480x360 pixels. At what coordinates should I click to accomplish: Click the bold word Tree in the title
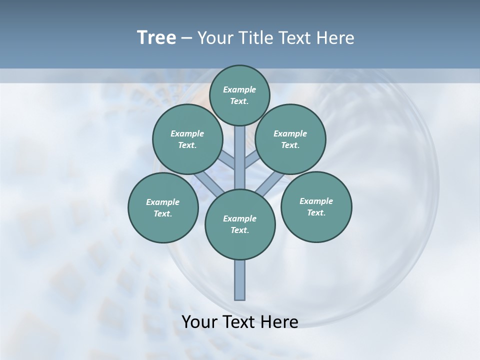pos(156,38)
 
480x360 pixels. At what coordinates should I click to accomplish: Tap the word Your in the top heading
pos(215,38)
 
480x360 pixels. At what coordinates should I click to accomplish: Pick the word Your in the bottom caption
pos(199,322)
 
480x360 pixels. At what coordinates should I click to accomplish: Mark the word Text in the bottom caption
pos(239,322)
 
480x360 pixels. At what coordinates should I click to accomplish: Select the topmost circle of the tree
pos(239,95)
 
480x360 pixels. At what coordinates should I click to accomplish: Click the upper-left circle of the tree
pos(187,139)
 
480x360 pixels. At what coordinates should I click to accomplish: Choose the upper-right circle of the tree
pos(290,139)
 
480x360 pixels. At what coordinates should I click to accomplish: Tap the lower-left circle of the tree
pos(163,207)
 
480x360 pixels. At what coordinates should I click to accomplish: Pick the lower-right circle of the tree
pos(316,206)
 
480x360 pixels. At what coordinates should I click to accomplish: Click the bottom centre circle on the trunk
pos(240,224)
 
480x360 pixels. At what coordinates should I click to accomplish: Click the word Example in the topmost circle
pos(239,89)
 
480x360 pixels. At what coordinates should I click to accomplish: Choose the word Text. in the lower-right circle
pos(316,212)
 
